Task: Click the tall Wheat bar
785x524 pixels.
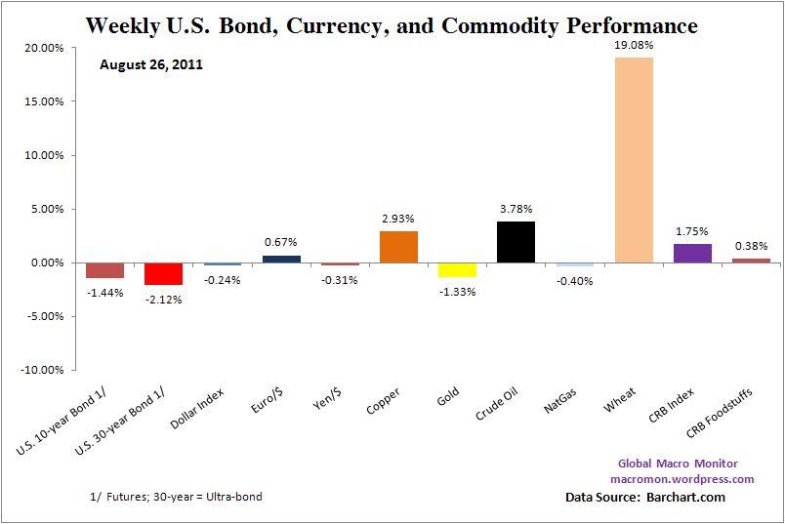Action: coord(634,160)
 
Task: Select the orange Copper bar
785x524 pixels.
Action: coord(398,247)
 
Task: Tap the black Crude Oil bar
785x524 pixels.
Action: coord(516,242)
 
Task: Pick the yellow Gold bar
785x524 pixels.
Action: coord(457,269)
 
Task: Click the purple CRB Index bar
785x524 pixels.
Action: coord(692,253)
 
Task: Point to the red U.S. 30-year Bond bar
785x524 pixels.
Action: coord(163,273)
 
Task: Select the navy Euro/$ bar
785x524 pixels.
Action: coord(281,259)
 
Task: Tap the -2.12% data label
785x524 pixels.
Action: coord(163,299)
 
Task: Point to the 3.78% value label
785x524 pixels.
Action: coord(516,208)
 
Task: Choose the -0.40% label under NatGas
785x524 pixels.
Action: coord(574,281)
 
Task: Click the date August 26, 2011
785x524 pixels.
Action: coord(151,65)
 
